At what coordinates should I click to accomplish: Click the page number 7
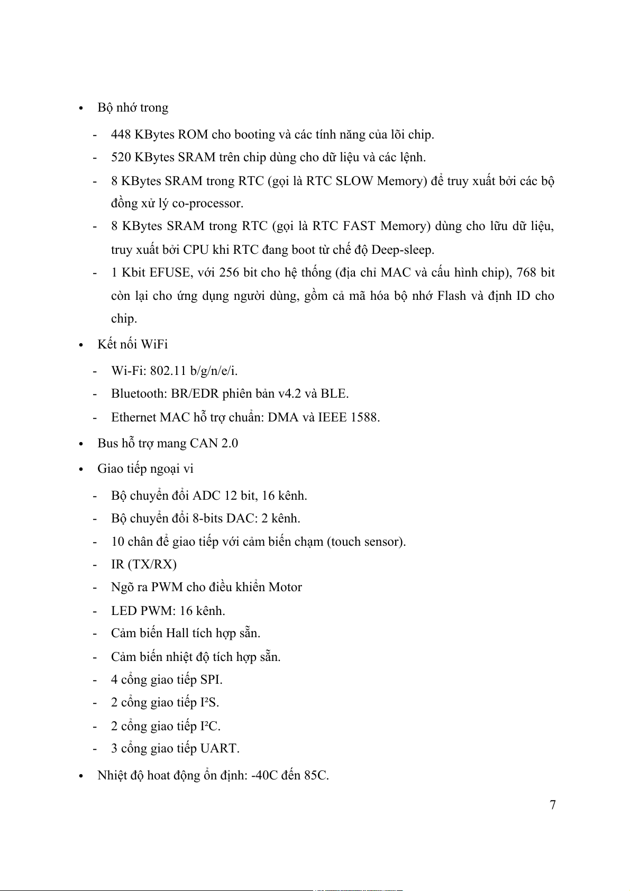[553, 805]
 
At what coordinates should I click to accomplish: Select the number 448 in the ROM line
[121, 134]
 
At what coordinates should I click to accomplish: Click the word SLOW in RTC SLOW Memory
[354, 181]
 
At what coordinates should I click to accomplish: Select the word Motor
[285, 587]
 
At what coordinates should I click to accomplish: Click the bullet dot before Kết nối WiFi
[81, 345]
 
